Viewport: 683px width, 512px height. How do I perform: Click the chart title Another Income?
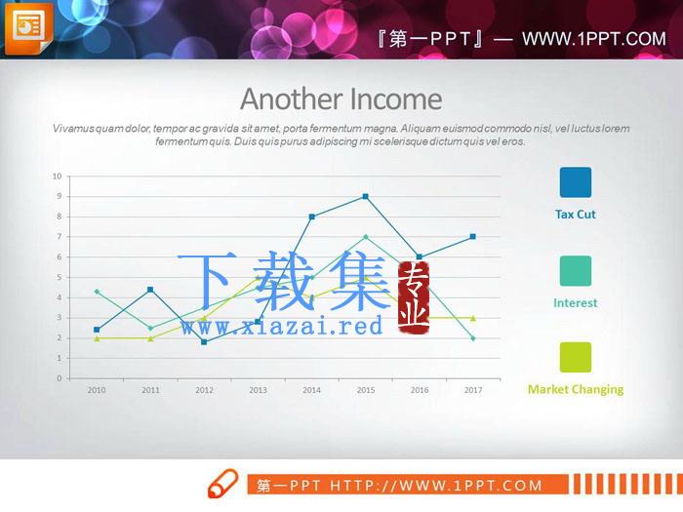[x=341, y=99]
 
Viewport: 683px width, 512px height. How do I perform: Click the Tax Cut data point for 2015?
[x=366, y=196]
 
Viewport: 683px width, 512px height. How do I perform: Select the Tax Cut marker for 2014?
[x=312, y=217]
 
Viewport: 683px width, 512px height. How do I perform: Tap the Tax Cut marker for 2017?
[x=473, y=237]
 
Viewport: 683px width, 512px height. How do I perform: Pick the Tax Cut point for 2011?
[x=150, y=290]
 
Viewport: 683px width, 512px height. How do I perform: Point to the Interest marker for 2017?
[x=473, y=338]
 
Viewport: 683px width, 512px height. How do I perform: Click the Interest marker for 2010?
[x=97, y=292]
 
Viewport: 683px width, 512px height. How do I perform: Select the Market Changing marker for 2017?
[x=473, y=318]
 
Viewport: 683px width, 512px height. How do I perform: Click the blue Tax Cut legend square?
[x=576, y=182]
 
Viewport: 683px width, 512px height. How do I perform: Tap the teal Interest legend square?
[x=576, y=271]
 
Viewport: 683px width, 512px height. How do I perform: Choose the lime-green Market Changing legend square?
[x=576, y=358]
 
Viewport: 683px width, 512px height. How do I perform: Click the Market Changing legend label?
[x=576, y=390]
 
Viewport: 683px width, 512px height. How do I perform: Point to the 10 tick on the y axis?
[x=57, y=177]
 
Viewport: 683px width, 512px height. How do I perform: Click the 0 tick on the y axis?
[x=60, y=378]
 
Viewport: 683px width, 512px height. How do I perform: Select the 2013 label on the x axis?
[x=258, y=390]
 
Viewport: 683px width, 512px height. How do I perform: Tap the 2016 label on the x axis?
[x=420, y=390]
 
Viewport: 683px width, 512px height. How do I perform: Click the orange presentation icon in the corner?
[x=28, y=28]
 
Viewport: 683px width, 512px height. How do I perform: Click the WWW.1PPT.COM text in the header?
[x=594, y=39]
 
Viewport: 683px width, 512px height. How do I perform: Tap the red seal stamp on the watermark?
[x=414, y=297]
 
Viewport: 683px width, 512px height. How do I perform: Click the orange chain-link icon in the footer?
[x=222, y=484]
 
